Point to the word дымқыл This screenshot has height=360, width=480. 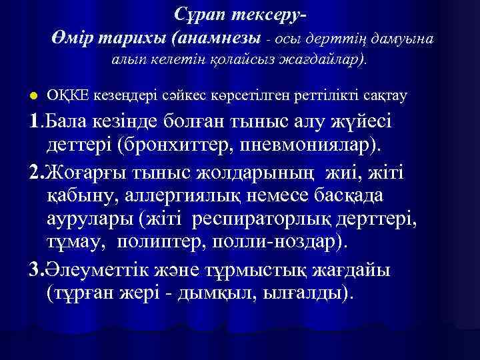pos(225,293)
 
